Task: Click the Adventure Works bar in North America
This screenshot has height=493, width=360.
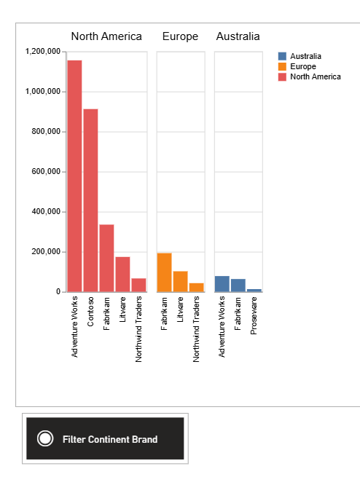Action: (74, 176)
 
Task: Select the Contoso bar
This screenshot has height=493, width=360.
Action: (90, 200)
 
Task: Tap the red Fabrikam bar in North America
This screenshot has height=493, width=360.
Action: (106, 258)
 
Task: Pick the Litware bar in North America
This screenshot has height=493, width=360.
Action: (122, 274)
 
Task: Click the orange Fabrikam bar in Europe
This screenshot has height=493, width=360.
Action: (164, 272)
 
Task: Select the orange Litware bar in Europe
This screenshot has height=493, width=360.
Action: (180, 281)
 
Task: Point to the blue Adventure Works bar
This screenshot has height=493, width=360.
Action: (222, 284)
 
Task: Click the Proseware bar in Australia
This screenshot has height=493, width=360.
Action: (254, 291)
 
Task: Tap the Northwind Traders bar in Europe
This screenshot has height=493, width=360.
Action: (196, 288)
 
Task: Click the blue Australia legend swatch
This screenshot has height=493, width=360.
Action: (282, 56)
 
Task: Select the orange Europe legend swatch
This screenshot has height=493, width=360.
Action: (282, 67)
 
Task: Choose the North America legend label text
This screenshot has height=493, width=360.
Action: (316, 76)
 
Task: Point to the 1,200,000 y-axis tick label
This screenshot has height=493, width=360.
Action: (43, 51)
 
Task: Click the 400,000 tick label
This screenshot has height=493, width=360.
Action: (46, 212)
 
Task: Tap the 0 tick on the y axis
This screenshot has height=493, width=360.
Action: (58, 292)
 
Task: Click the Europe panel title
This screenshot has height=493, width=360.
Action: (180, 36)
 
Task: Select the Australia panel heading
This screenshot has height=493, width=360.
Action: (238, 36)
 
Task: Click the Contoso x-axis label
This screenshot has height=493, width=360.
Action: (90, 312)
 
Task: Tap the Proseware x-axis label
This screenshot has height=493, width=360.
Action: (254, 315)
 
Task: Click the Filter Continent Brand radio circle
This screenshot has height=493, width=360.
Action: (45, 438)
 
